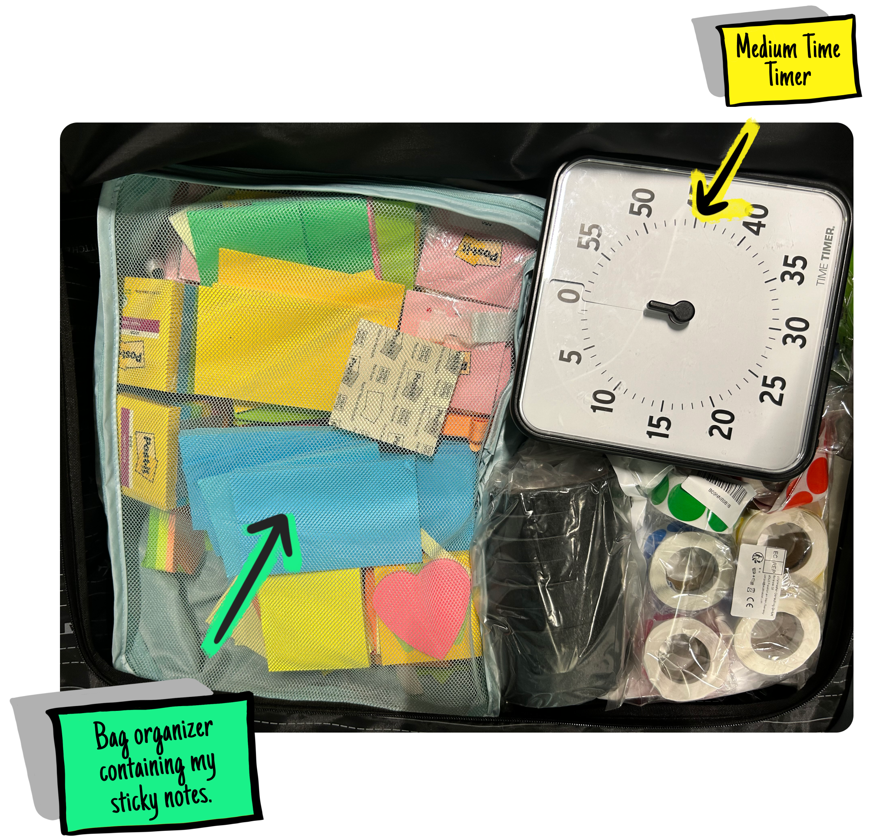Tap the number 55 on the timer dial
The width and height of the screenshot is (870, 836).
tap(591, 237)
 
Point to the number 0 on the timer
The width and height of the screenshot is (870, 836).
tap(571, 294)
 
